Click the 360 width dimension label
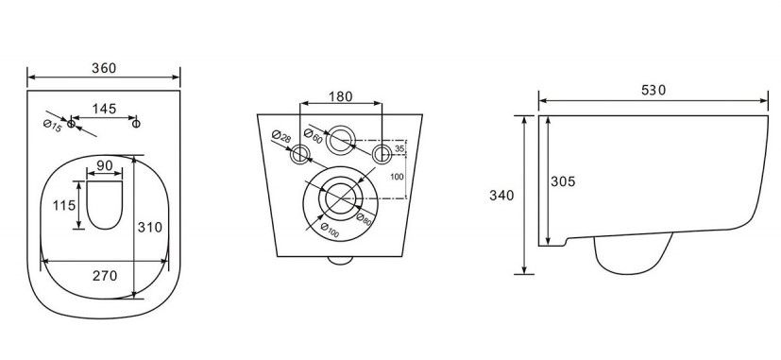coord(104,68)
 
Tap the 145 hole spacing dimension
coord(104,109)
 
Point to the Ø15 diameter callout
coord(52,127)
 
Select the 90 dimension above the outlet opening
coord(105,165)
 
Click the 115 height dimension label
coord(64,205)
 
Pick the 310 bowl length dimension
coord(150,228)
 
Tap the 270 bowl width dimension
coord(105,275)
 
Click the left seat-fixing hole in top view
coord(71,123)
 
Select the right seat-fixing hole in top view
coord(136,123)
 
